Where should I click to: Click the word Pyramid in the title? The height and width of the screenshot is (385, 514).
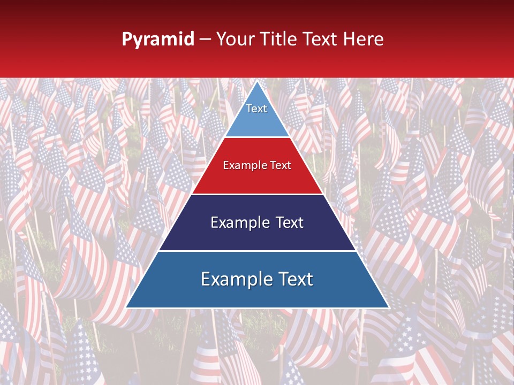coord(158,40)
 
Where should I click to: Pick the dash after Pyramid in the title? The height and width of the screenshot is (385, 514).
coord(205,40)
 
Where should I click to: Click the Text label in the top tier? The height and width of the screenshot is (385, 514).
coord(256,109)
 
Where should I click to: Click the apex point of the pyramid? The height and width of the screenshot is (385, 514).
coord(257,82)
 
